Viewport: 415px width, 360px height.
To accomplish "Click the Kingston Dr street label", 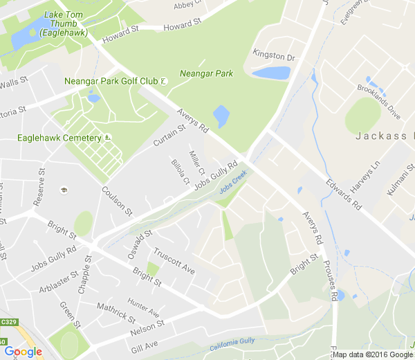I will (274, 55).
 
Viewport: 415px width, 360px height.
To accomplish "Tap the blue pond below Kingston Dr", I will (271, 73).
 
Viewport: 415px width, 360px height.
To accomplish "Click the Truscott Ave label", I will (174, 261).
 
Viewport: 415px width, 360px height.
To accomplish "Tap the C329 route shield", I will (8, 322).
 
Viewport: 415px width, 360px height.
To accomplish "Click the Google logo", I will (23, 352).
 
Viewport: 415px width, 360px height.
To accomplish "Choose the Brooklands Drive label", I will (379, 101).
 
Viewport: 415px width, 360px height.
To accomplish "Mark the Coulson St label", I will (116, 199).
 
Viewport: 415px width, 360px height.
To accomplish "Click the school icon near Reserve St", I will (64, 190).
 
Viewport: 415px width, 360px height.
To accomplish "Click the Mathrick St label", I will (116, 312).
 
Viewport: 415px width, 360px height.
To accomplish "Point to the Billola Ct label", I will (181, 172).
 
